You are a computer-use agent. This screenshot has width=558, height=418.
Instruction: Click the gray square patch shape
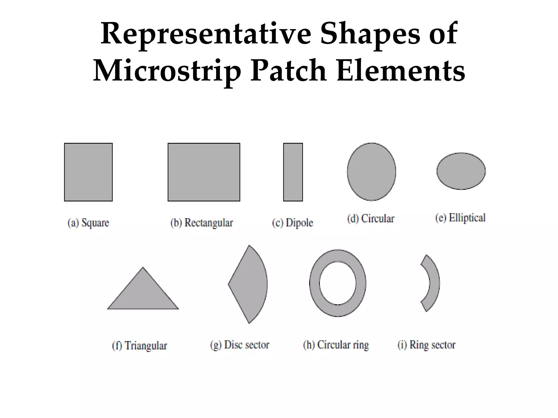point(88,172)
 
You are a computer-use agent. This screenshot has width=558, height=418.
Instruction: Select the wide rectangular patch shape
point(204,172)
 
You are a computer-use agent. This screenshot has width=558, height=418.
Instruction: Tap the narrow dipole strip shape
point(293,172)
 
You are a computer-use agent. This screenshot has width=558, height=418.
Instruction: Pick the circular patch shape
point(371,172)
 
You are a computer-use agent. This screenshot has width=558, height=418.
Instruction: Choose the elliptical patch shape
point(461,171)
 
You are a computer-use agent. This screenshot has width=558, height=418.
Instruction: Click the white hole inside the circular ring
point(338,283)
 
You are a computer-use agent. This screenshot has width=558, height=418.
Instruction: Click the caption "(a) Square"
point(88,223)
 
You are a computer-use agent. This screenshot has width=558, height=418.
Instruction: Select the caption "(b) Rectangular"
point(202,223)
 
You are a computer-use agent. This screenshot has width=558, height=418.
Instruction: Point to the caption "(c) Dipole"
point(293,223)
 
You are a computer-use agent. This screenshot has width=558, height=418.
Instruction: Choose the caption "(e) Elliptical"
point(460,218)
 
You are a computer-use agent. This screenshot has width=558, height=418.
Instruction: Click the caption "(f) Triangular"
point(139,346)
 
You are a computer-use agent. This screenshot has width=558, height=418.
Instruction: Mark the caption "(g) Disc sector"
point(240,345)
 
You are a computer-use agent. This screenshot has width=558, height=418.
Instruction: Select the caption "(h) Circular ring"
point(336,345)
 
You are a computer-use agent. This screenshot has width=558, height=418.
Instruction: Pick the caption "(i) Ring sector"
point(426,345)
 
